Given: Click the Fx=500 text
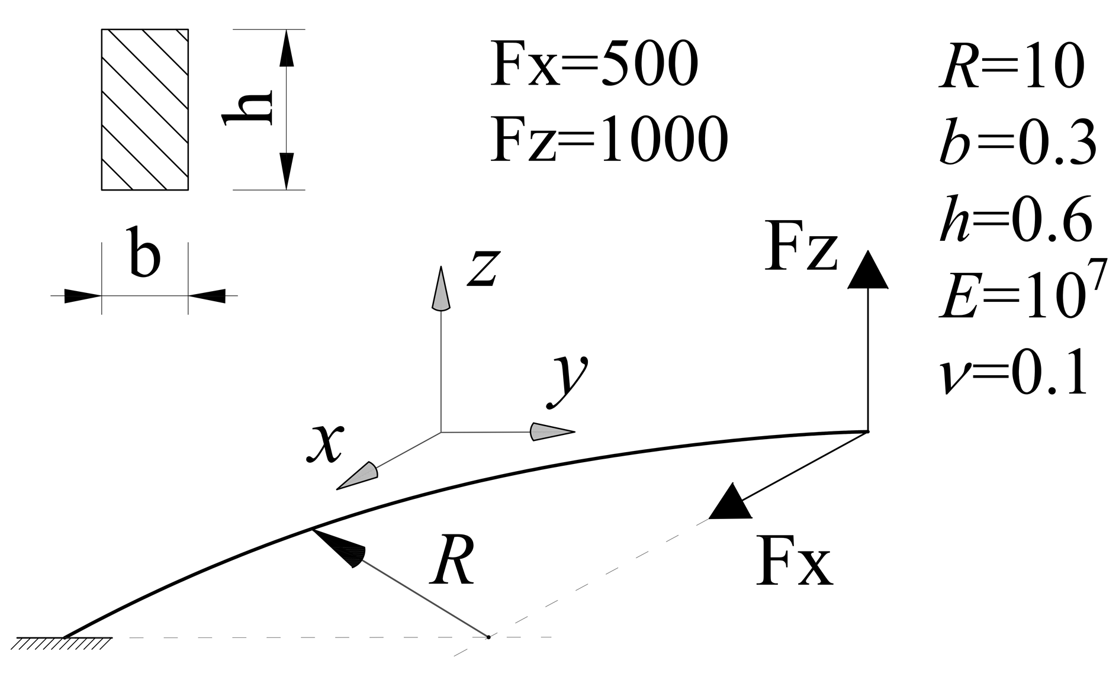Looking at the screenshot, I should pos(594,64).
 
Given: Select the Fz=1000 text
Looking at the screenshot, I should pos(609,139).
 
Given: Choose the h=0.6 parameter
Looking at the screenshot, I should pos(1016,220).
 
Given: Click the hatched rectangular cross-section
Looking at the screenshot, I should pos(145,109).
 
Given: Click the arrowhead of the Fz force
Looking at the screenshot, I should pos(867,271).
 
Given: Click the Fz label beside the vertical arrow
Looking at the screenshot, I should pos(800,246).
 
